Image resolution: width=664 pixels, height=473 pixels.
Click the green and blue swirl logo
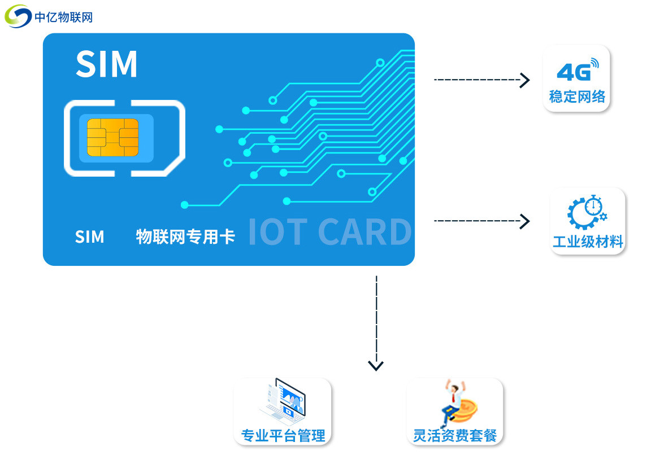click(x=18, y=16)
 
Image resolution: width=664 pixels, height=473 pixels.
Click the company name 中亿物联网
click(x=63, y=17)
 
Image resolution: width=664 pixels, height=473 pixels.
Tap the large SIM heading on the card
click(x=107, y=64)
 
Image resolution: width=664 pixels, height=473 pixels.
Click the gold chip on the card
click(x=112, y=137)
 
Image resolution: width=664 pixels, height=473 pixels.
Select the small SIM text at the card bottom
click(x=89, y=236)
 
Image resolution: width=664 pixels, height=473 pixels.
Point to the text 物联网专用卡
click(x=185, y=236)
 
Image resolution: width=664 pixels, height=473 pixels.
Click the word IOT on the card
click(x=277, y=232)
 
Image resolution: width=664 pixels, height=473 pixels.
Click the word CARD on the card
click(x=364, y=232)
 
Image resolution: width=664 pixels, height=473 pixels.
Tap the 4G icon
click(x=576, y=70)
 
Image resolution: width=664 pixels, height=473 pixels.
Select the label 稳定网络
click(x=577, y=97)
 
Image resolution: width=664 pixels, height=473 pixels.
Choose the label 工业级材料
click(x=588, y=242)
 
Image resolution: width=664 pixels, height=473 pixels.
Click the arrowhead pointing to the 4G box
click(x=525, y=80)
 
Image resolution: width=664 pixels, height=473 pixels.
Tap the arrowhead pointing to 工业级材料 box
click(x=525, y=221)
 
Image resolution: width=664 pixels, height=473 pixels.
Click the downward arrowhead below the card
click(x=376, y=365)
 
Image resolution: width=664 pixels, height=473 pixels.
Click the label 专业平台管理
click(x=283, y=436)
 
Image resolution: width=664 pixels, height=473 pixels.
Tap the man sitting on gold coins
click(x=455, y=402)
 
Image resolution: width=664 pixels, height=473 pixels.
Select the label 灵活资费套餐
click(x=455, y=436)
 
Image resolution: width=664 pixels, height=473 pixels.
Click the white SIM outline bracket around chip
click(x=69, y=138)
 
